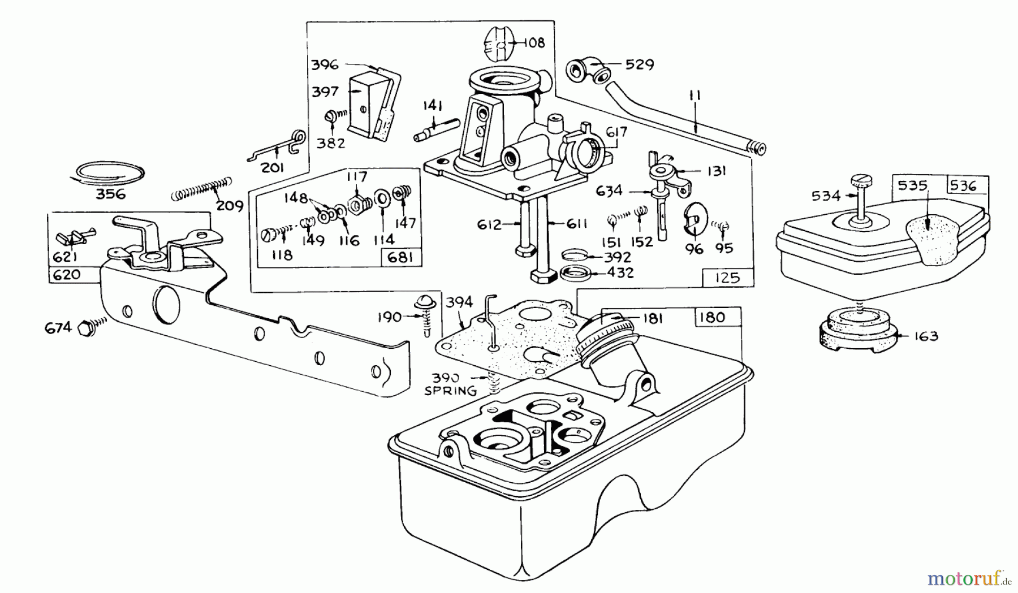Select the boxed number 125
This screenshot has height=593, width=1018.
(727, 278)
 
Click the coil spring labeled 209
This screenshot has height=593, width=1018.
(201, 188)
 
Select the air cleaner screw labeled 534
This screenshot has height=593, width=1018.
(860, 198)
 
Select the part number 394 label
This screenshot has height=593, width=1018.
(459, 302)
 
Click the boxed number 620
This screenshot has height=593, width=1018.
(67, 275)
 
